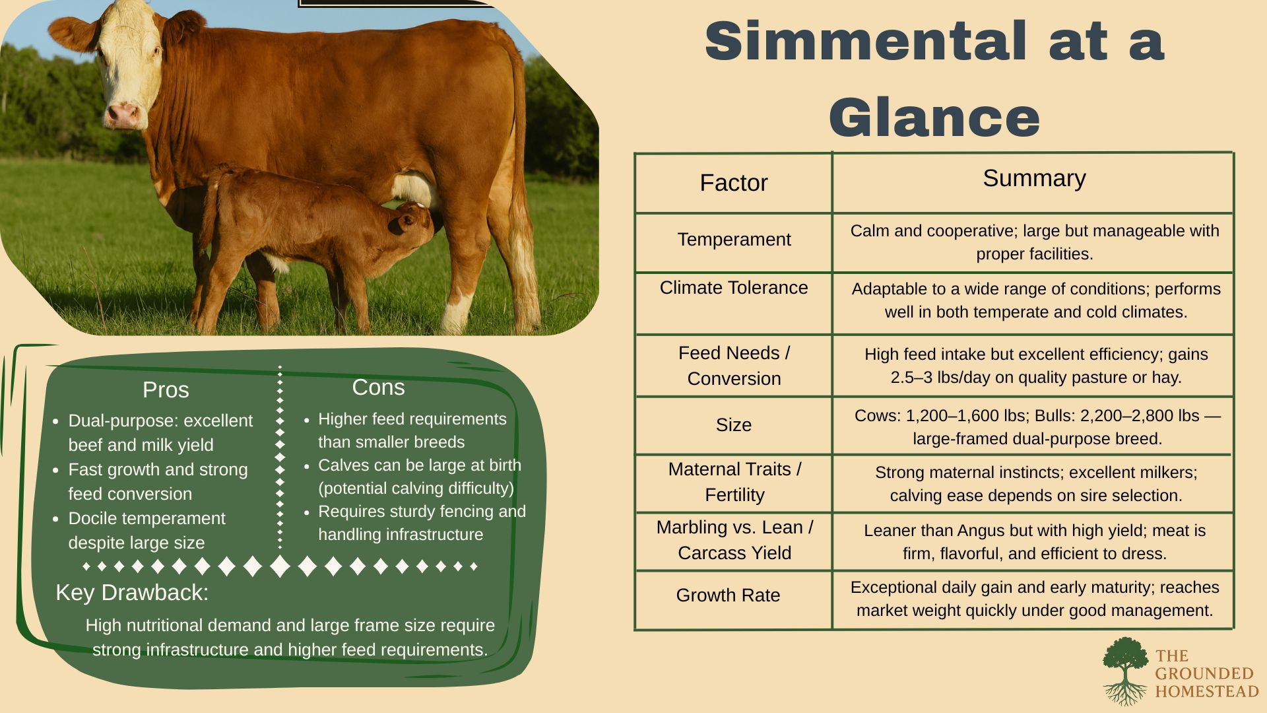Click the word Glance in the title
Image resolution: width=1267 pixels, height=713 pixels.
[x=934, y=118]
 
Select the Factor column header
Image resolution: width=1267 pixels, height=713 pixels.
[x=734, y=183]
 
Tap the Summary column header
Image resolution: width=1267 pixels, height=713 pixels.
[x=1034, y=178]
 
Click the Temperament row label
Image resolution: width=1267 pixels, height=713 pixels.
[x=734, y=239]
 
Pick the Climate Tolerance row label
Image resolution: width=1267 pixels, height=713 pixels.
[x=734, y=288]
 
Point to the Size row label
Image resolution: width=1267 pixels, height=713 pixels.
[x=734, y=424]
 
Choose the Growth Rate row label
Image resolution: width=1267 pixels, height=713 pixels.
[x=728, y=595]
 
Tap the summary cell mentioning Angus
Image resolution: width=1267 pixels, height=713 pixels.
[x=1035, y=542]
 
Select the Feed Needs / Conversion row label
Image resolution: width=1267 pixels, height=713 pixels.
[x=734, y=366]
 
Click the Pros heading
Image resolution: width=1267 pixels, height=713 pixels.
[x=166, y=390]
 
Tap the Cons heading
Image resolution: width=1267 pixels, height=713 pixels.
[x=378, y=387]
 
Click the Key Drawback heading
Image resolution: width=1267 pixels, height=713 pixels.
[x=132, y=592]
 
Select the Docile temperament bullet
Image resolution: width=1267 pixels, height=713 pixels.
[x=146, y=530]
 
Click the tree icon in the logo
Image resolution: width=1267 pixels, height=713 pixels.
[x=1126, y=670]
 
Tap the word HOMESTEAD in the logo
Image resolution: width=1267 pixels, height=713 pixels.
[x=1207, y=691]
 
